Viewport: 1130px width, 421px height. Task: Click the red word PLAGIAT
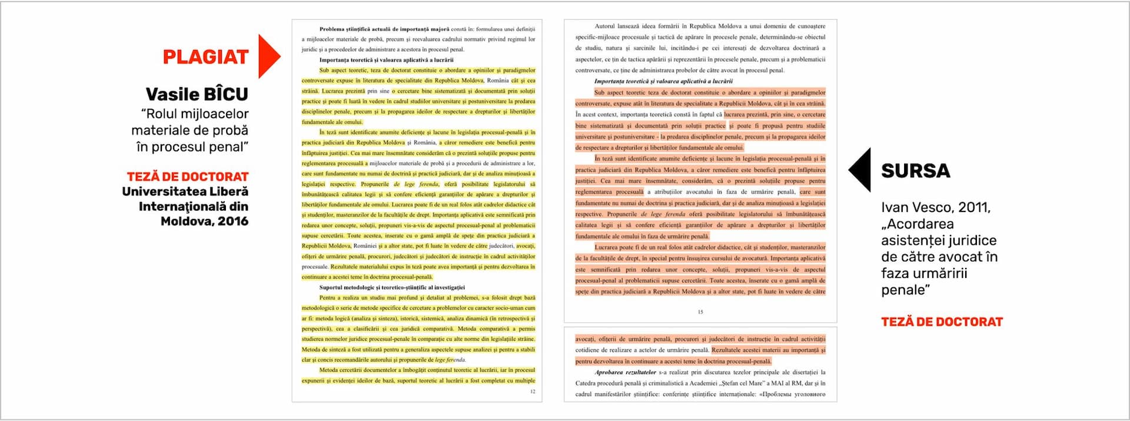(205, 57)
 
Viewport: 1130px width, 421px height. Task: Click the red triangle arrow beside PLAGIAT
(268, 57)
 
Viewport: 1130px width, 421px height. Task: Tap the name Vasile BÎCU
(197, 94)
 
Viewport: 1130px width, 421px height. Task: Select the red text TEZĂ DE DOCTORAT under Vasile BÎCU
(187, 177)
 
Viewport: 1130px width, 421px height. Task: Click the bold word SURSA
(915, 171)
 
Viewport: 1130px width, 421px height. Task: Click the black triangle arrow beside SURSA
(860, 170)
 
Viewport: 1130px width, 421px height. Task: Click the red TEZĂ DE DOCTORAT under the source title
(942, 322)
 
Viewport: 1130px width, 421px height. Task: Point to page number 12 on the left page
(533, 391)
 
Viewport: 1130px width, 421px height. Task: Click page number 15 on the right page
(700, 312)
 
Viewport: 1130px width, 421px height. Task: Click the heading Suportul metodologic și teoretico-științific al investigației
(392, 287)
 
